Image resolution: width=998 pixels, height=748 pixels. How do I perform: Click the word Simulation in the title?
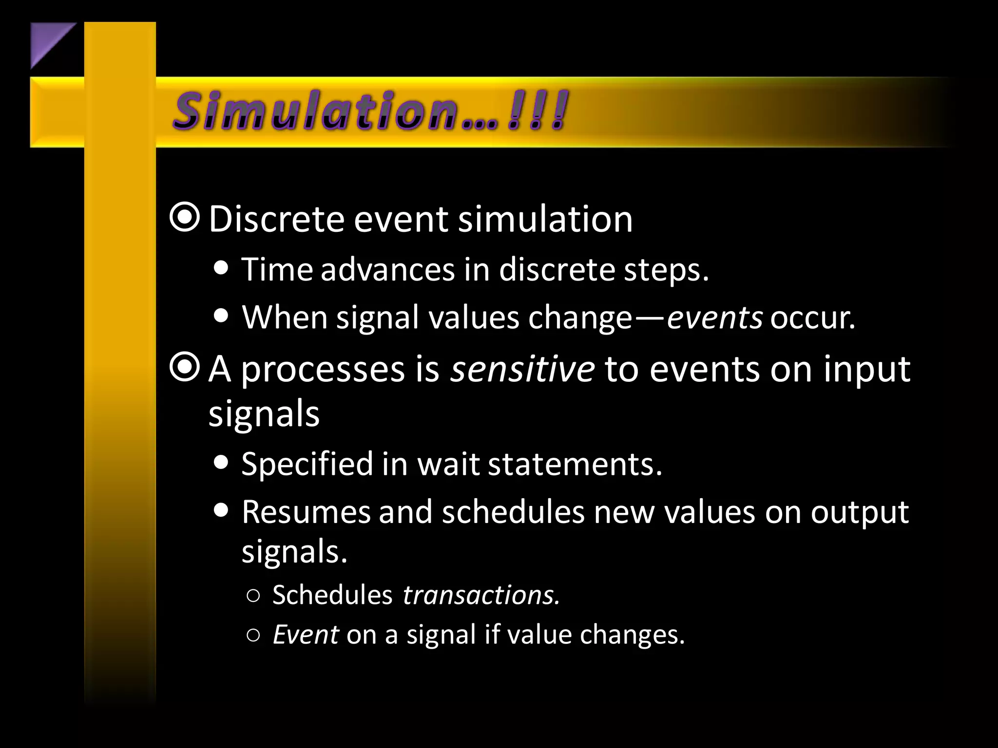317,111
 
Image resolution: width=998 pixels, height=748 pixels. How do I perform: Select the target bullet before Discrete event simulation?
185,218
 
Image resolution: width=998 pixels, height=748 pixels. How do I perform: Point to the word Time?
277,269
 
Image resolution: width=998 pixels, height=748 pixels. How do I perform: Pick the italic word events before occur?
714,318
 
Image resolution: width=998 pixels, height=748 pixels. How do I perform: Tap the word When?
285,318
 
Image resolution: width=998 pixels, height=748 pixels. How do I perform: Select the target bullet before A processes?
185,368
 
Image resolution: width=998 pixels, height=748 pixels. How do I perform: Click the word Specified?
307,464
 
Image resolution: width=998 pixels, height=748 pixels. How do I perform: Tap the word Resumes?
306,512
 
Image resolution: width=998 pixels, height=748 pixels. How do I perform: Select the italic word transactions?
481,595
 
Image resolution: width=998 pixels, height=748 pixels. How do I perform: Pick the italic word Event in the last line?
306,635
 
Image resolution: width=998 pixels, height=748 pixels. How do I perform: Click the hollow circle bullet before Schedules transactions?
253,596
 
